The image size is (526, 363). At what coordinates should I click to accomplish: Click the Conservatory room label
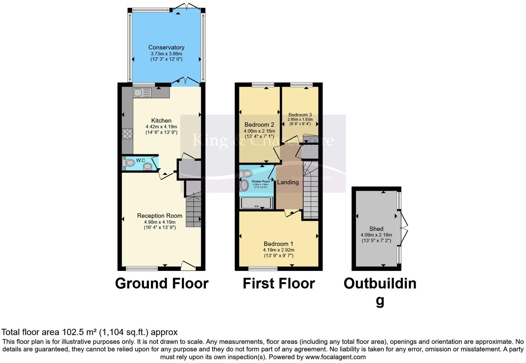[166, 47]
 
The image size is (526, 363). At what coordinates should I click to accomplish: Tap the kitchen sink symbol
[142, 93]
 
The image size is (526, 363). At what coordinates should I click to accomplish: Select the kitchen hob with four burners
[127, 134]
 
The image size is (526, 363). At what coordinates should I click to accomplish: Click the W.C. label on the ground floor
[141, 160]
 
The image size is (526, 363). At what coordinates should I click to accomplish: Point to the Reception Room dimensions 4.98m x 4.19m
[160, 222]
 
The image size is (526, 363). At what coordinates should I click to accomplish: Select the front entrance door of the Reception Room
[188, 266]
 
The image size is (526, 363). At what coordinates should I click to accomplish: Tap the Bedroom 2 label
[259, 125]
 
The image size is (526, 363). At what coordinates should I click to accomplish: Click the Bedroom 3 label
[300, 115]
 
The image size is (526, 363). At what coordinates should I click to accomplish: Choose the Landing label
[288, 182]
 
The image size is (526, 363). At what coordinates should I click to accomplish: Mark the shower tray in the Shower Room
[256, 203]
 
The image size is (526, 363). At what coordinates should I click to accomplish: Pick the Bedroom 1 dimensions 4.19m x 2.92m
[279, 250]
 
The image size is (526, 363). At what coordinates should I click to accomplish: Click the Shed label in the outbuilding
[376, 229]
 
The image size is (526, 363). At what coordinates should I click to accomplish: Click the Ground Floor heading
[162, 283]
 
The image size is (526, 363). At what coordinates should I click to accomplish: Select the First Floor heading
[279, 283]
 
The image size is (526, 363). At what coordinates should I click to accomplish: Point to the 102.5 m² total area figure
[79, 332]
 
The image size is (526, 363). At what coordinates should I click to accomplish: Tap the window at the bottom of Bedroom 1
[263, 268]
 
